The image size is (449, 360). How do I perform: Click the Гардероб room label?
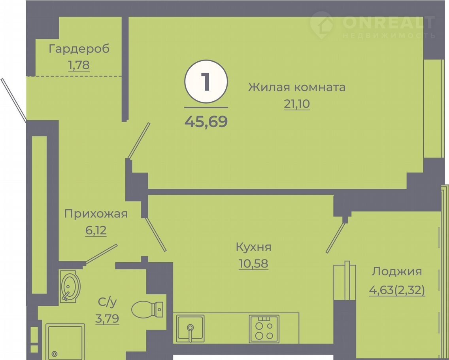pyautogui.click(x=79, y=49)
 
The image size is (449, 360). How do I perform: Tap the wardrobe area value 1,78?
pyautogui.click(x=79, y=65)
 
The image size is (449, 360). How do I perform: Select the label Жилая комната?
pyautogui.click(x=297, y=87)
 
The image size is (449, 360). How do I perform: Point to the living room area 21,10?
pyautogui.click(x=297, y=104)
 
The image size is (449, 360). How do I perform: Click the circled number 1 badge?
pyautogui.click(x=206, y=81)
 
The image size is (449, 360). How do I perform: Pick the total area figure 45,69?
pyautogui.click(x=206, y=121)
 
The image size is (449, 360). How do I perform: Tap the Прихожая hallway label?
pyautogui.click(x=96, y=214)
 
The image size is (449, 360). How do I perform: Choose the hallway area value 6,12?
pyautogui.click(x=96, y=231)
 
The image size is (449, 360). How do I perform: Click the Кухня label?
pyautogui.click(x=253, y=247)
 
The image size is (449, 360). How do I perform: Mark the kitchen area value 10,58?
pyautogui.click(x=253, y=264)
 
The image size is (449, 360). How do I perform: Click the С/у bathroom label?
pyautogui.click(x=108, y=302)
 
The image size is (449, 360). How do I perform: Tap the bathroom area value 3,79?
pyautogui.click(x=107, y=318)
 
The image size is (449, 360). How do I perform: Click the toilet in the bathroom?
pyautogui.click(x=147, y=309)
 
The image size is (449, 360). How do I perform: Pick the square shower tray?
pyautogui.click(x=65, y=341)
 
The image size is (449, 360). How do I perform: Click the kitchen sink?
pyautogui.click(x=190, y=329)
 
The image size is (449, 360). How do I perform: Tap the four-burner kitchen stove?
pyautogui.click(x=264, y=329)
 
